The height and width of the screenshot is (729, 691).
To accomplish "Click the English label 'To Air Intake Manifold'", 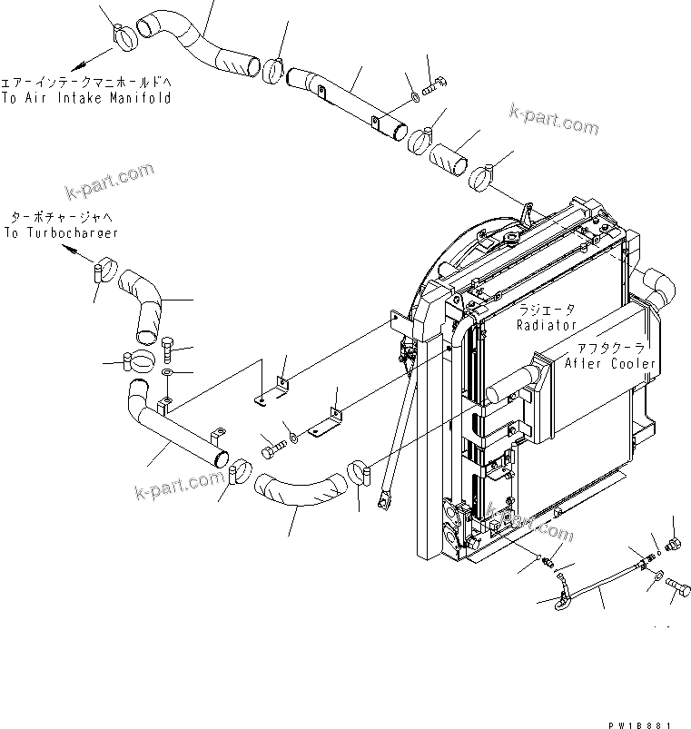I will tap(85, 97).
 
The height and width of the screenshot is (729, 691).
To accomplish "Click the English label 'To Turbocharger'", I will tap(61, 233).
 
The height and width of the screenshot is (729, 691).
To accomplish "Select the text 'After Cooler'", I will tap(610, 363).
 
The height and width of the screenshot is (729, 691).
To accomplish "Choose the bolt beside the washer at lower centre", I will tap(272, 447).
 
